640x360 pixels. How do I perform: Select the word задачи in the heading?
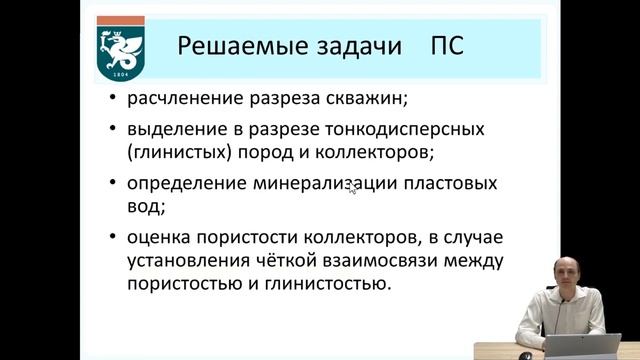[x=349, y=47]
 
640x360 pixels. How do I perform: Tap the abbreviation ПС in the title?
[x=445, y=47]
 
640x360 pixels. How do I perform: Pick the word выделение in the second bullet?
[x=174, y=132]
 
